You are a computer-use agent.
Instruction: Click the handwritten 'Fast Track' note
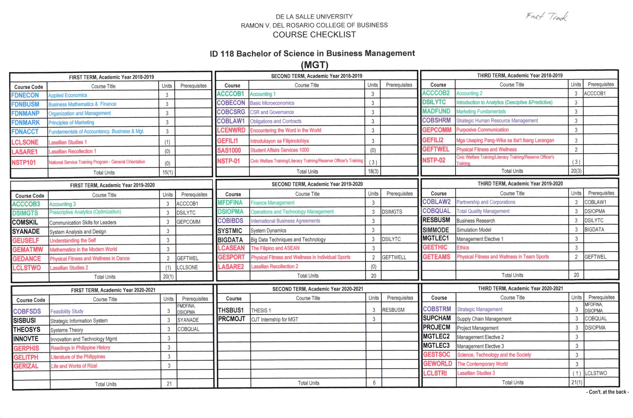[x=547, y=16]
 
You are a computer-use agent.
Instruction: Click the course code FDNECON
[x=25, y=95]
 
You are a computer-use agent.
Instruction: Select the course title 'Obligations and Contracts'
[x=276, y=121]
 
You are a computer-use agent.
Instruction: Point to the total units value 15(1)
[x=168, y=172]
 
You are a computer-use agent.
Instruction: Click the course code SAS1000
[x=229, y=150]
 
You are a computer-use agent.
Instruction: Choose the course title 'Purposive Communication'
[x=482, y=130]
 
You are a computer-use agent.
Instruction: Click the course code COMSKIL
[x=25, y=222]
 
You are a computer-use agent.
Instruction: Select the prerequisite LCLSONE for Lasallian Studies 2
[x=187, y=267]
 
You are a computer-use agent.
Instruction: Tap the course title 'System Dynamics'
[x=268, y=230]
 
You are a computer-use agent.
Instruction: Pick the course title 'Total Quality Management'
[x=483, y=211]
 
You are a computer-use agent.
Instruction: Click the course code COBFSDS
[x=27, y=311]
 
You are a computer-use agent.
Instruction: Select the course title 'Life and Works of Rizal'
[x=74, y=366]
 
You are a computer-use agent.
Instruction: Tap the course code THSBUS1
[x=231, y=310]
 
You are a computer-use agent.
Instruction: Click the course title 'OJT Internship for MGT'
[x=275, y=319]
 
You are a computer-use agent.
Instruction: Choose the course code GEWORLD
[x=437, y=364]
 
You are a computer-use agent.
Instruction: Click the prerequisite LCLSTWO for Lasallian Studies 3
[x=596, y=373]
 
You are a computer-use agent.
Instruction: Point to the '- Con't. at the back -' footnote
[x=607, y=392]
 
